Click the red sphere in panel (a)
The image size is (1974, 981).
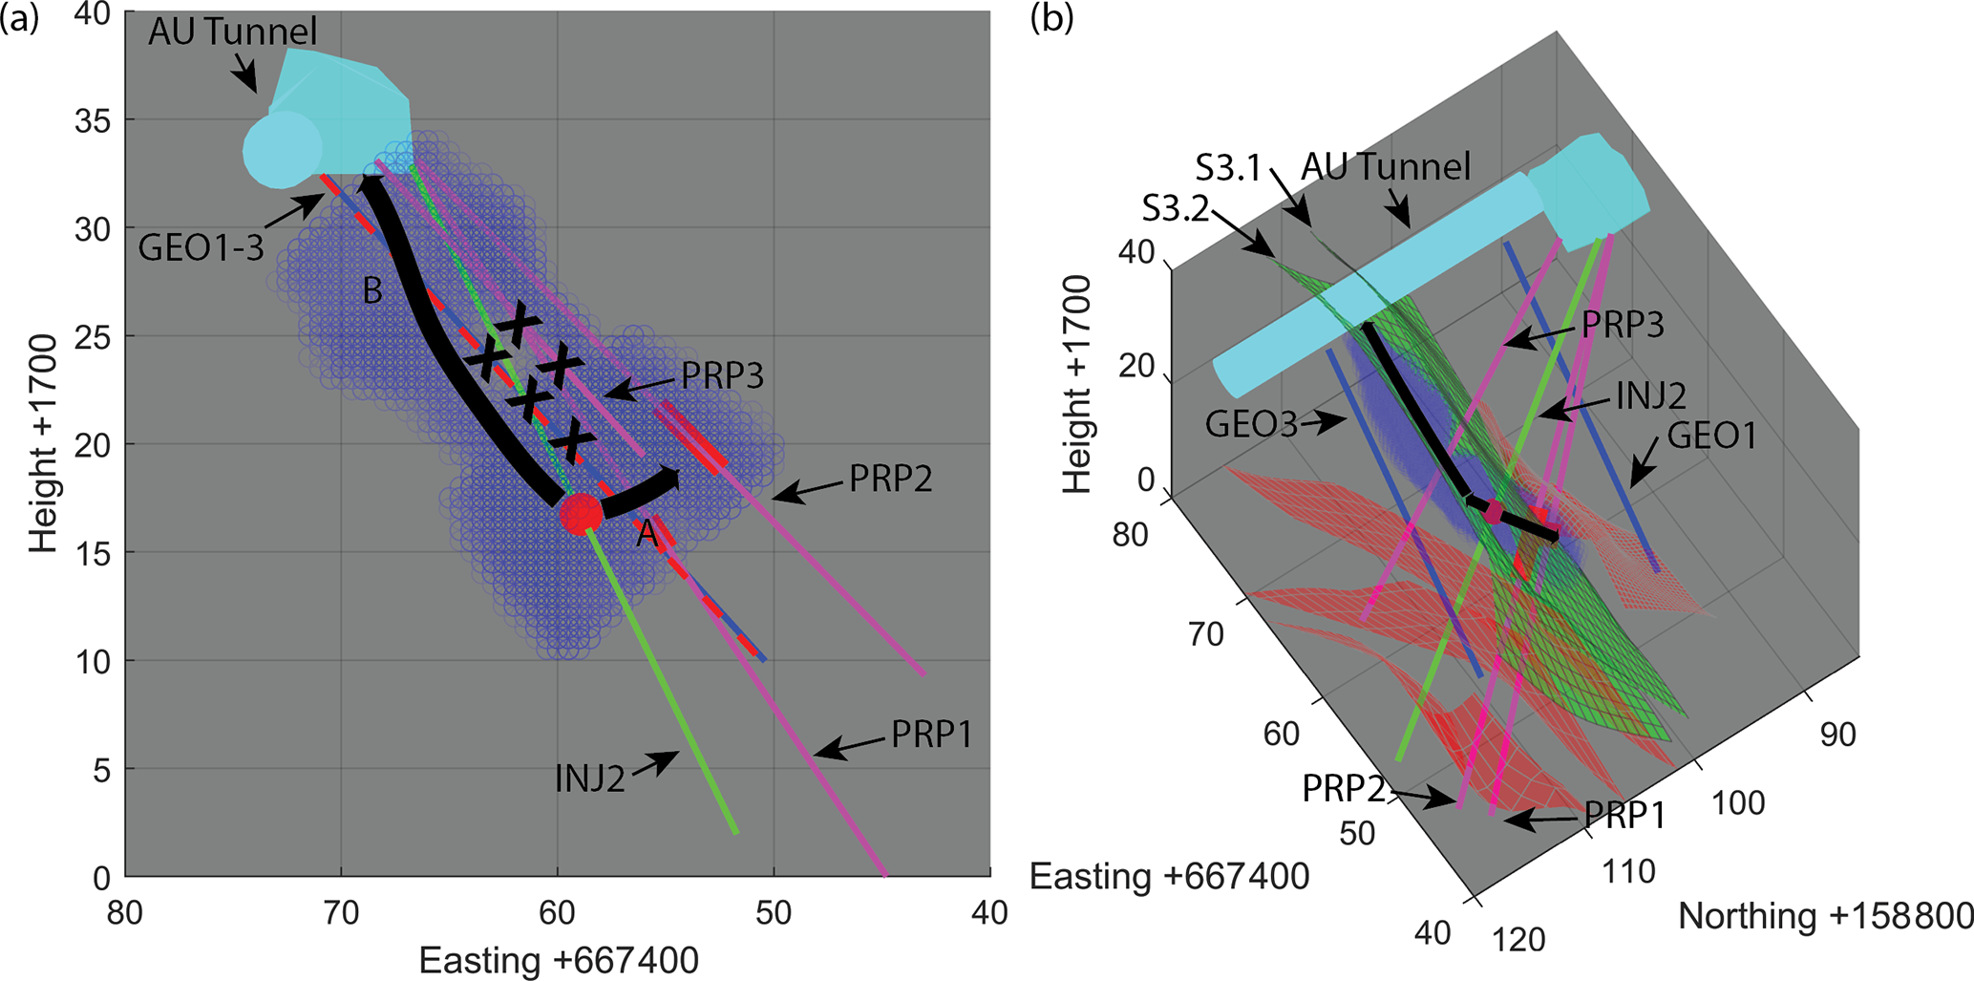pyautogui.click(x=581, y=514)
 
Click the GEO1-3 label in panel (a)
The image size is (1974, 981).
pyautogui.click(x=201, y=248)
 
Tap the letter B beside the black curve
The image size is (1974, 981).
pyautogui.click(x=372, y=290)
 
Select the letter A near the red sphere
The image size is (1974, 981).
pyautogui.click(x=647, y=533)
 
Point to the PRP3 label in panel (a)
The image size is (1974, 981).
pyautogui.click(x=722, y=376)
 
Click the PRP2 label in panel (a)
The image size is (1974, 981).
pyautogui.click(x=890, y=479)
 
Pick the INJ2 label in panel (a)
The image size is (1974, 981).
pyautogui.click(x=589, y=779)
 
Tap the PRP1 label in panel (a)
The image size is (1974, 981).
pyautogui.click(x=931, y=735)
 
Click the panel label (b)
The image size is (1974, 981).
pyautogui.click(x=1051, y=19)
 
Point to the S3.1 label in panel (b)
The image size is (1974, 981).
pyautogui.click(x=1228, y=169)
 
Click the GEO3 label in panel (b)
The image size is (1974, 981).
pyautogui.click(x=1251, y=423)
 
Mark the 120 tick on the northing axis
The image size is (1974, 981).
pyautogui.click(x=1518, y=939)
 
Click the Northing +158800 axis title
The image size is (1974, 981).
pyautogui.click(x=1825, y=916)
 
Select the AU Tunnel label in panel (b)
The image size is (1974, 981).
pyautogui.click(x=1386, y=167)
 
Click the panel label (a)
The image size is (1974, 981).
pyautogui.click(x=20, y=19)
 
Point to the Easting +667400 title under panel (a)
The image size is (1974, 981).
pyautogui.click(x=559, y=960)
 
